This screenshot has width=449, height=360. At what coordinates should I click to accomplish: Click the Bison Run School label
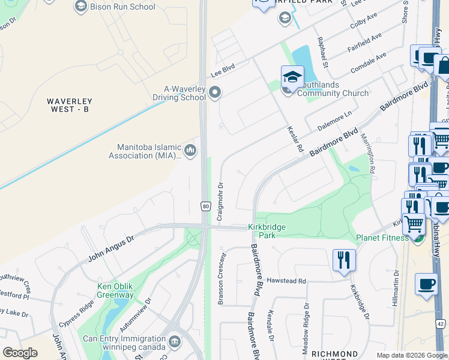click(x=122, y=7)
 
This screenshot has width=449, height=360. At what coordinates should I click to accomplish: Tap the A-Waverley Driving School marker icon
click(x=215, y=92)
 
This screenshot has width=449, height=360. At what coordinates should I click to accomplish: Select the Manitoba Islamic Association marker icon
click(x=190, y=150)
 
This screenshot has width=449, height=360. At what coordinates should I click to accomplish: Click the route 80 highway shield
click(x=206, y=206)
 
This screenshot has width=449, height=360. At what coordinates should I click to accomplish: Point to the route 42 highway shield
click(x=442, y=340)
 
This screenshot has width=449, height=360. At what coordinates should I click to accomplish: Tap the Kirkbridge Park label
click(x=267, y=231)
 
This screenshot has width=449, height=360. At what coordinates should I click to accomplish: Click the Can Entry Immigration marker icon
click(x=175, y=341)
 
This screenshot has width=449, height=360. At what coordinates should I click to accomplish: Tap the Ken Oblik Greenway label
click(x=115, y=290)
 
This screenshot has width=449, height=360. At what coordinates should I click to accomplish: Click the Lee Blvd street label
click(x=223, y=70)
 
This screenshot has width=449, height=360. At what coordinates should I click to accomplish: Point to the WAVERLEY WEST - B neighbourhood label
click(x=70, y=105)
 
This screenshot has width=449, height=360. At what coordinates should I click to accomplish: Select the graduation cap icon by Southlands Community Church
click(x=292, y=77)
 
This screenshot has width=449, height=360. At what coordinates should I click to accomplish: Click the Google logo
click(x=20, y=353)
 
